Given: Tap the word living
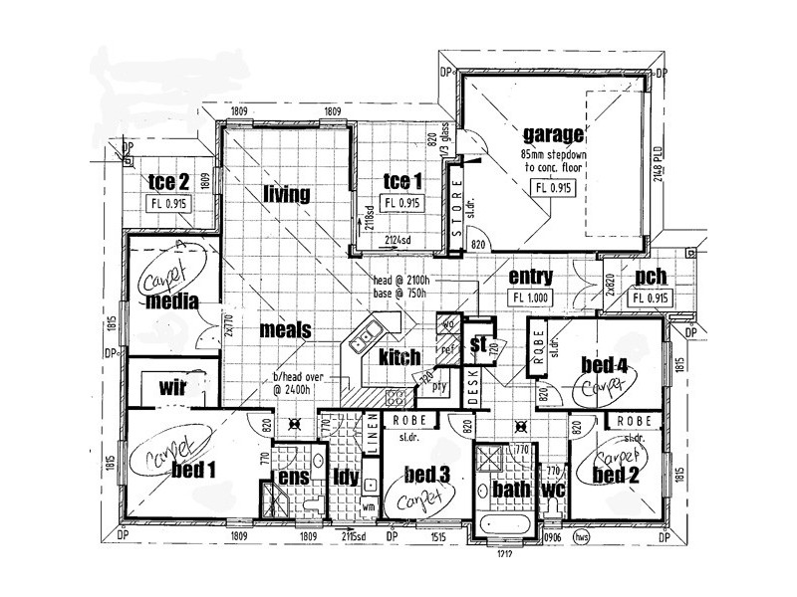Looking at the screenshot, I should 287,193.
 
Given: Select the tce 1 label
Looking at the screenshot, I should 404,181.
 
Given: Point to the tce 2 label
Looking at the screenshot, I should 168,181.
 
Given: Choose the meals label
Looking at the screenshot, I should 286,329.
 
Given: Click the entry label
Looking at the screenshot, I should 530,277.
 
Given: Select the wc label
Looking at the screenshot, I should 553,490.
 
